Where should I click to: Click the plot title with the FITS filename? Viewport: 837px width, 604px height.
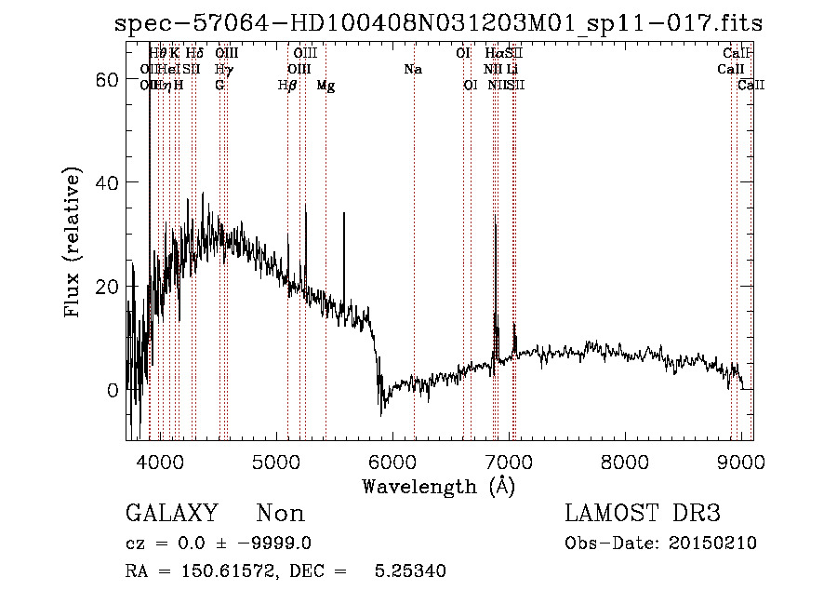(x=438, y=24)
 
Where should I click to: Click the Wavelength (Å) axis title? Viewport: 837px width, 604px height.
(x=438, y=486)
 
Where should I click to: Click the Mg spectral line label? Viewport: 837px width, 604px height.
(x=325, y=86)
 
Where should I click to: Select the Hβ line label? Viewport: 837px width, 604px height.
(x=287, y=86)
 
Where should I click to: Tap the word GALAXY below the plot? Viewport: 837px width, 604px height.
(x=172, y=514)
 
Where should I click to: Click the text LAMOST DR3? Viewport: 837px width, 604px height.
(x=643, y=514)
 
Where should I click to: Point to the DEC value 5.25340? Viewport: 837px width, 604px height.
(x=409, y=571)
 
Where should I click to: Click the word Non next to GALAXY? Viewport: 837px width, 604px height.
(x=281, y=514)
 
